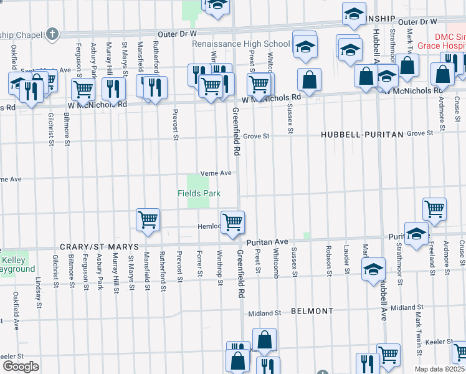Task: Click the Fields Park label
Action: pyautogui.click(x=199, y=194)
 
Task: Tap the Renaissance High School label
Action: pyautogui.click(x=241, y=44)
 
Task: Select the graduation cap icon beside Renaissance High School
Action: pyautogui.click(x=305, y=47)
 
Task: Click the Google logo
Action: pyautogui.click(x=21, y=367)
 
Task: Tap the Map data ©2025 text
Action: pyautogui.click(x=439, y=369)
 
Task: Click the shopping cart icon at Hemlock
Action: pyautogui.click(x=232, y=221)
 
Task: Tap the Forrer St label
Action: pyautogui.click(x=199, y=265)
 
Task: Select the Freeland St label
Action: pyautogui.click(x=430, y=256)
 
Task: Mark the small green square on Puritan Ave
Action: pyautogui.click(x=307, y=235)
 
